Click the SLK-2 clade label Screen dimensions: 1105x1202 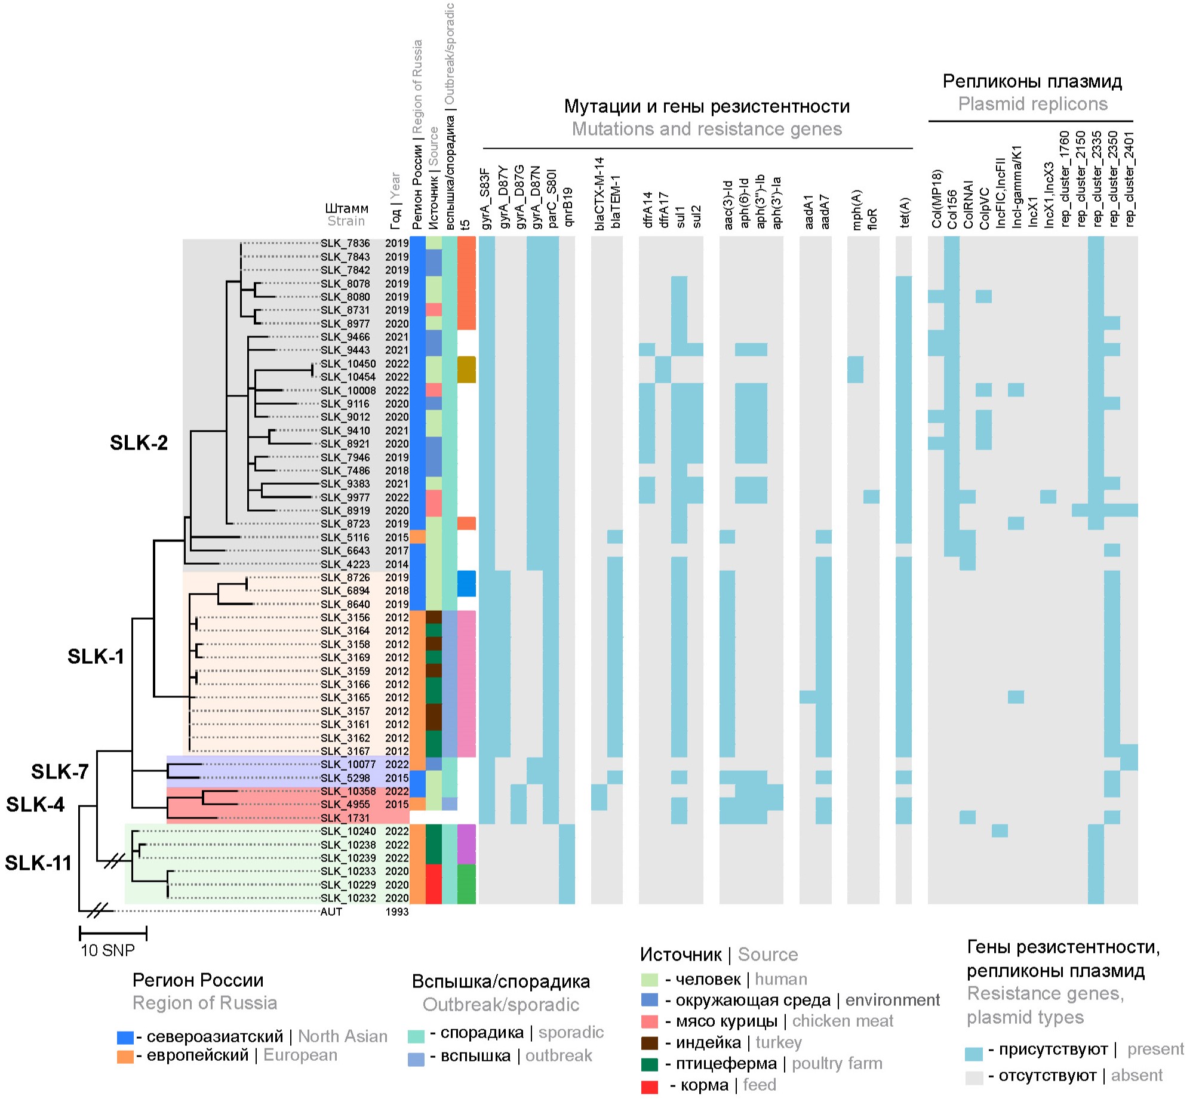click(139, 443)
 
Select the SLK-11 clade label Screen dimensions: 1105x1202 click(38, 863)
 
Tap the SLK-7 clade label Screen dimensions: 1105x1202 click(60, 772)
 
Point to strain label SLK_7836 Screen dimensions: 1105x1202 click(345, 244)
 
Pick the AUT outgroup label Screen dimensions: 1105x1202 click(331, 912)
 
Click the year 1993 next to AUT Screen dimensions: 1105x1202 click(396, 912)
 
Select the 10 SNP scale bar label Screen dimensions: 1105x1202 click(107, 950)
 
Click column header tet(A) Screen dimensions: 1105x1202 click(904, 213)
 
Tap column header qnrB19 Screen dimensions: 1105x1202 click(567, 208)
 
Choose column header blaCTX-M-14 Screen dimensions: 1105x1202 click(600, 194)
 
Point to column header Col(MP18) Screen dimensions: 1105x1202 click(936, 199)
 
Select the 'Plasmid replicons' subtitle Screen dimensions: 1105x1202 click(1033, 104)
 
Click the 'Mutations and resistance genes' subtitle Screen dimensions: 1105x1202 click(707, 129)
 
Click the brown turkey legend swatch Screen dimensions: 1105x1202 click(650, 1044)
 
